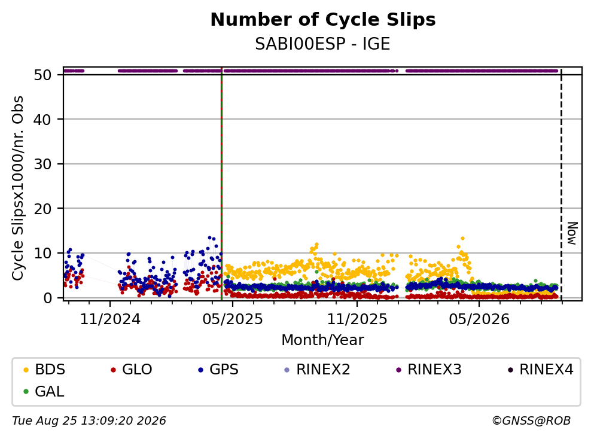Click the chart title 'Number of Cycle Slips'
(x=323, y=20)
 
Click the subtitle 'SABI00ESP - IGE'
(x=322, y=44)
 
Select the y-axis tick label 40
(x=42, y=120)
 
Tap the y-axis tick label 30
(x=42, y=164)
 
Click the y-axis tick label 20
(x=42, y=209)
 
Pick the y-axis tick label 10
(x=42, y=254)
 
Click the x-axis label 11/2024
(x=110, y=319)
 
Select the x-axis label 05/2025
(x=233, y=319)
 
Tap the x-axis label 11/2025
(x=357, y=319)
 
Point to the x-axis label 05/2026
(x=479, y=319)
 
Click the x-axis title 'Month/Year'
(x=322, y=340)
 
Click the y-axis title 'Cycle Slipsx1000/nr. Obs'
(x=18, y=188)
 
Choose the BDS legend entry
(x=44, y=369)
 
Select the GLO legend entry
(x=131, y=369)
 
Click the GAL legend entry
(x=44, y=391)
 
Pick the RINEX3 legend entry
(x=429, y=369)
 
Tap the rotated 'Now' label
(x=572, y=233)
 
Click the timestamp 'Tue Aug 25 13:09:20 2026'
(x=89, y=421)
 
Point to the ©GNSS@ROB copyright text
(x=531, y=421)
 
